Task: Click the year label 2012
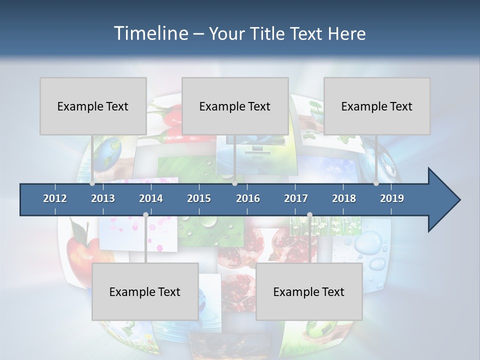click(x=55, y=198)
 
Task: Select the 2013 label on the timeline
click(x=103, y=198)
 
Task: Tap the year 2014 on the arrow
click(x=151, y=198)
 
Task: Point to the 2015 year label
click(x=199, y=198)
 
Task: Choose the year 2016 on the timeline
click(x=248, y=198)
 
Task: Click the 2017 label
click(x=296, y=198)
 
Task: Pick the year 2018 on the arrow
click(x=344, y=198)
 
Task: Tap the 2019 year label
click(x=392, y=198)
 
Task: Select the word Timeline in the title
click(x=150, y=33)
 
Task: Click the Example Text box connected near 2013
click(x=93, y=106)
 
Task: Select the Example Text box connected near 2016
click(x=235, y=106)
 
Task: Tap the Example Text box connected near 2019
click(x=377, y=106)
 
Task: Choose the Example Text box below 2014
click(x=145, y=291)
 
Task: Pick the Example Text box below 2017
click(x=309, y=291)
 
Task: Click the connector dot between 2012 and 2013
click(x=92, y=183)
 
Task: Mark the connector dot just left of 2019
click(x=376, y=183)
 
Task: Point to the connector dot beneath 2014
click(x=145, y=215)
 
